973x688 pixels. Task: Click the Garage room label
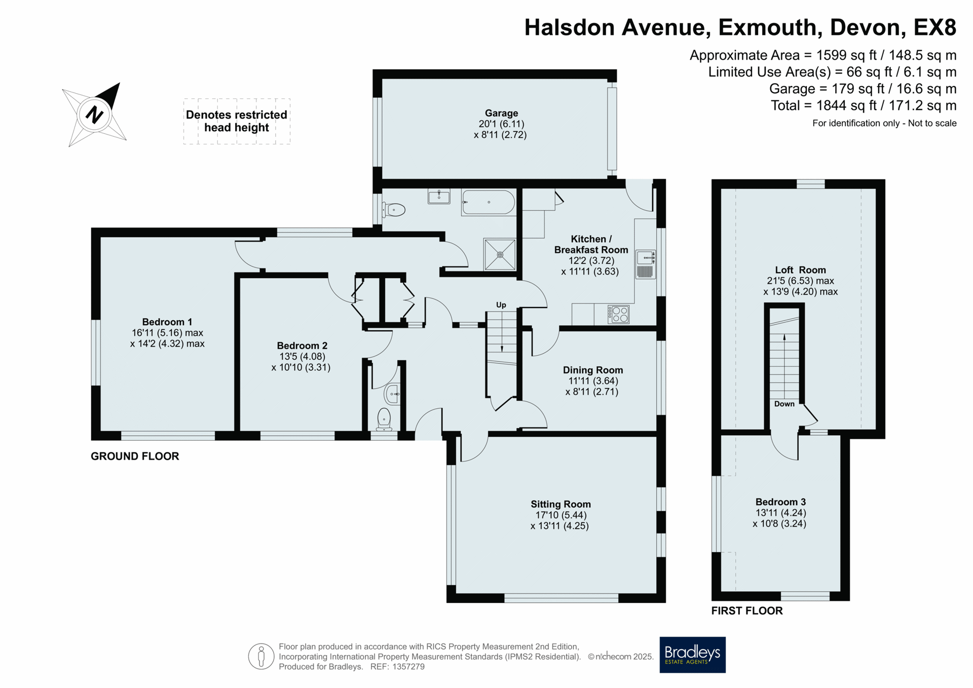[x=501, y=113]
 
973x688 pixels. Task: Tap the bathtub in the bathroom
[x=489, y=203]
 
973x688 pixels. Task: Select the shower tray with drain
[x=500, y=254]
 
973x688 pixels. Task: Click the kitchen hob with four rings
[x=618, y=314]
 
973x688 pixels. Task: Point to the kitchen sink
[x=646, y=264]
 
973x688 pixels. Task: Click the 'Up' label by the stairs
[x=501, y=305]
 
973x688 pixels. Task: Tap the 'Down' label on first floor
[x=784, y=404]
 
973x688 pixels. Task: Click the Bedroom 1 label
[x=167, y=322]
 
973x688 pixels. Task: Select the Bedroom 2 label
[x=302, y=346]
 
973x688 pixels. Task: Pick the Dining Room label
[x=593, y=370]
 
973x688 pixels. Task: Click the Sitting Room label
[x=560, y=504]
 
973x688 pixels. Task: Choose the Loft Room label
[x=800, y=270]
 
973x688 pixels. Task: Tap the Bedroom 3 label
[x=780, y=502]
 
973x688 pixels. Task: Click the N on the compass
[x=95, y=114]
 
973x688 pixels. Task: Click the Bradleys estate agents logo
[x=692, y=655]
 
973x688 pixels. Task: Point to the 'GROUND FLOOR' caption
[x=135, y=456]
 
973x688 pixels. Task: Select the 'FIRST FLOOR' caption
[x=747, y=610]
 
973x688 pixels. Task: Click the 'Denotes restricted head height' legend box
[x=237, y=121]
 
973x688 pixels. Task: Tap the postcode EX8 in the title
[x=935, y=27]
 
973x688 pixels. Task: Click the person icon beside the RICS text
[x=261, y=657]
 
